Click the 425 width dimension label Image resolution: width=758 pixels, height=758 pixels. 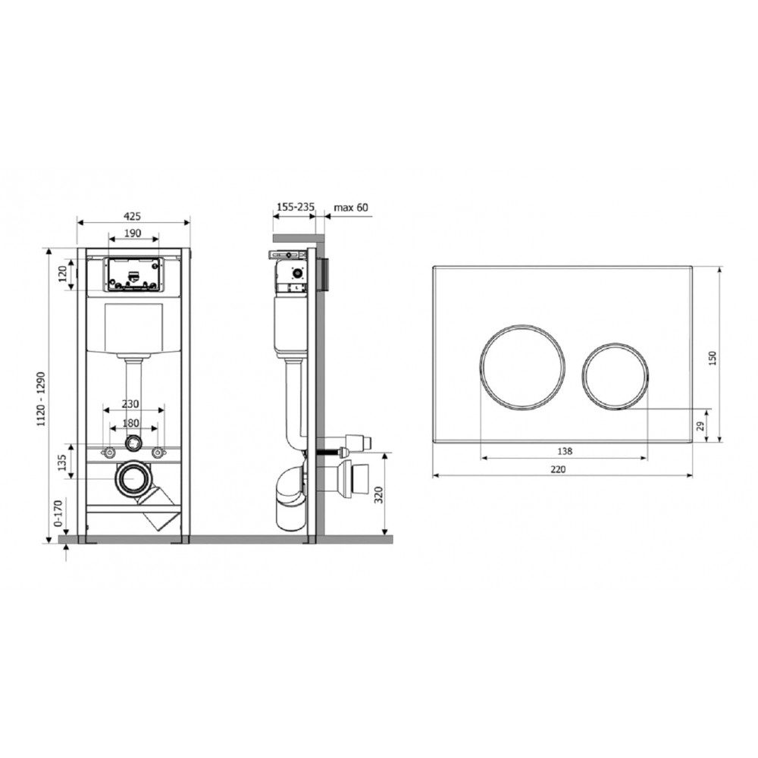pyautogui.click(x=133, y=215)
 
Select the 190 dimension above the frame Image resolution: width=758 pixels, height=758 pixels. pyautogui.click(x=133, y=233)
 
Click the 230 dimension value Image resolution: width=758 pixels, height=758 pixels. pyautogui.click(x=130, y=404)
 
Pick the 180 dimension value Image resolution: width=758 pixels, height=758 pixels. pyautogui.click(x=130, y=422)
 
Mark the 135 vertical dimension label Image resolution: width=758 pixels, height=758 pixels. pyautogui.click(x=62, y=462)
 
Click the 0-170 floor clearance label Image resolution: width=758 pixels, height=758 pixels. pyautogui.click(x=58, y=513)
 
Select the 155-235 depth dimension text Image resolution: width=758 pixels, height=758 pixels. pyautogui.click(x=295, y=207)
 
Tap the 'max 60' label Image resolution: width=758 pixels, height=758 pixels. pyautogui.click(x=351, y=208)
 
